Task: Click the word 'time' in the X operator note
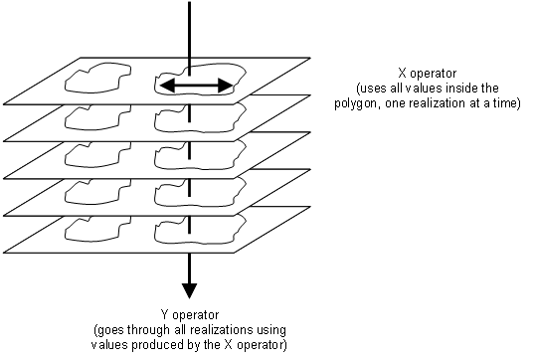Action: coord(506,102)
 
